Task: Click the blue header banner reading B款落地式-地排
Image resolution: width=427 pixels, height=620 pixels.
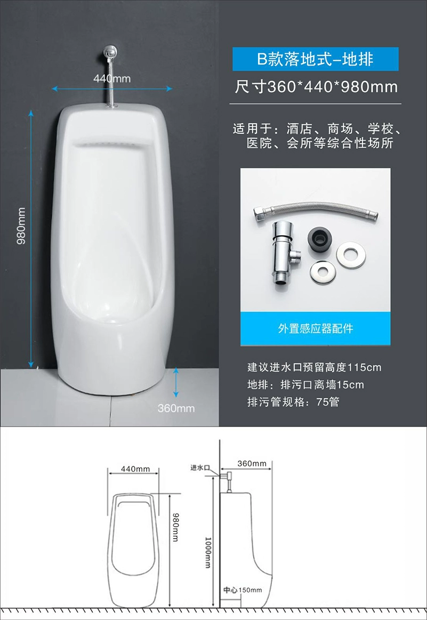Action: [x=315, y=59]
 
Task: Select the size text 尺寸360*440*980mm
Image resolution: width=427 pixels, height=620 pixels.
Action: [x=316, y=86]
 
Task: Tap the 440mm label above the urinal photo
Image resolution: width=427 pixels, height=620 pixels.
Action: [x=112, y=78]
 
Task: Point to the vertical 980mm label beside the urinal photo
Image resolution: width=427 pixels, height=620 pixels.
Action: [x=21, y=226]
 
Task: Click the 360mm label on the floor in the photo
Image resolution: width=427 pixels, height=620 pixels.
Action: [x=176, y=408]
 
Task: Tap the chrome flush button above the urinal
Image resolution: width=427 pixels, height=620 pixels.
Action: [x=110, y=51]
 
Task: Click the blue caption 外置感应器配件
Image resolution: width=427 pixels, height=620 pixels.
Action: [x=315, y=328]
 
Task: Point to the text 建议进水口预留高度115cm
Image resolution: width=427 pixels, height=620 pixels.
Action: [x=315, y=367]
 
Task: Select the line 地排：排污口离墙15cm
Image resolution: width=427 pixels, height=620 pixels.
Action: [x=305, y=385]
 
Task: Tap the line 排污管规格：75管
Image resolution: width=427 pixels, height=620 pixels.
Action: [x=293, y=402]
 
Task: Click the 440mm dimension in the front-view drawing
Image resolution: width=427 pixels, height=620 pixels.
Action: [x=135, y=469]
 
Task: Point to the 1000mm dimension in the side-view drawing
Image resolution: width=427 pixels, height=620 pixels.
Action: [x=208, y=552]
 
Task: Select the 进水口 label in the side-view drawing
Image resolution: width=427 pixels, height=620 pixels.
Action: [x=200, y=468]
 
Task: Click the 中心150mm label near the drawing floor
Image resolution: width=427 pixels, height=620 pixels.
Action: [x=243, y=590]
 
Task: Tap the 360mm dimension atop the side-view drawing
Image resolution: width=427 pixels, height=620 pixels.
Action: [x=252, y=463]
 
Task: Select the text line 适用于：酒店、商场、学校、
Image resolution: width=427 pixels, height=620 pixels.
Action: [x=317, y=129]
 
